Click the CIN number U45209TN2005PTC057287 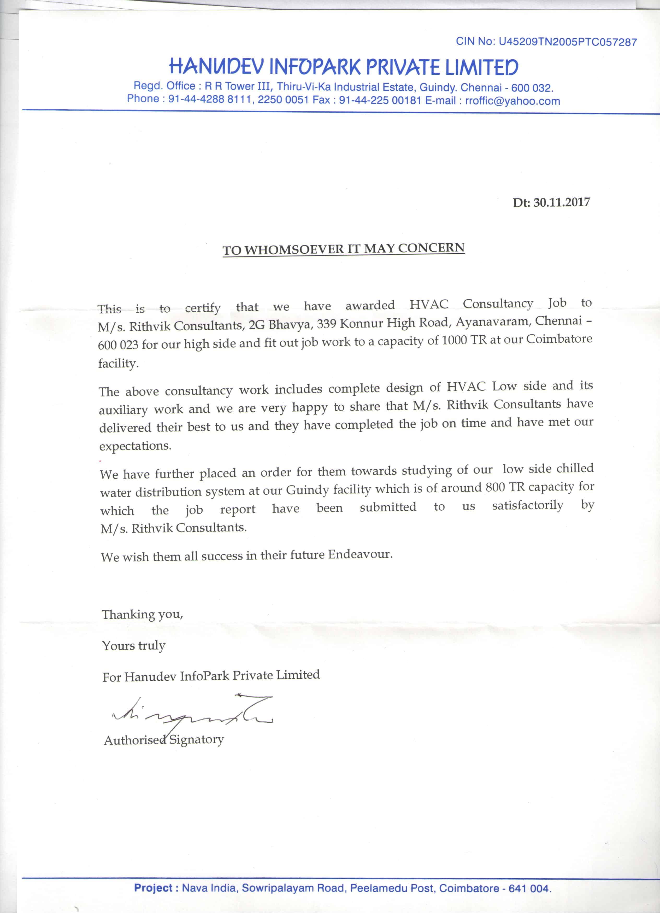point(568,42)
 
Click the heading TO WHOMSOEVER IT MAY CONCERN point(344,249)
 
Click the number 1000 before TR point(454,341)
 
